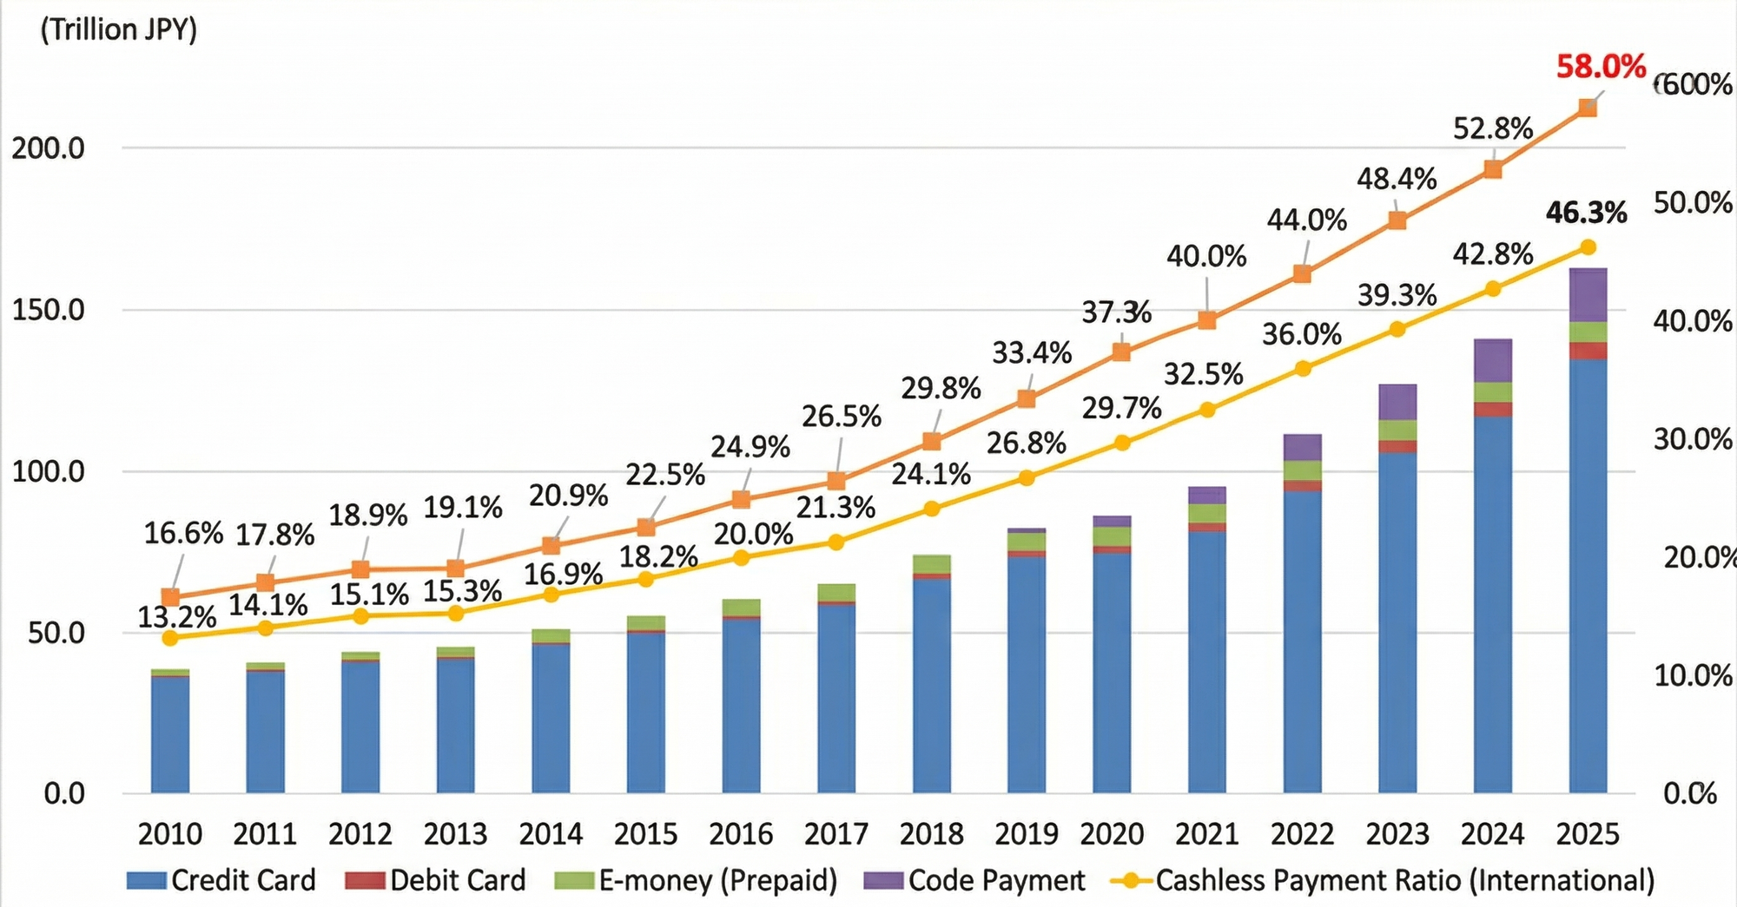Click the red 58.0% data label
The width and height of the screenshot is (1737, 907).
1600,67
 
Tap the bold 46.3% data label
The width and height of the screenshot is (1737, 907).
1586,213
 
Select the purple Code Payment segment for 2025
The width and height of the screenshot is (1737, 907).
1588,295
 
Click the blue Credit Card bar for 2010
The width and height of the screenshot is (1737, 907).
170,733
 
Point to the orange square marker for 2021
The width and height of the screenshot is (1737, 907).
1206,320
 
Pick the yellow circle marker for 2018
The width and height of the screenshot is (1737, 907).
931,509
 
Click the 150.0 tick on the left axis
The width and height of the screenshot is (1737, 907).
48,310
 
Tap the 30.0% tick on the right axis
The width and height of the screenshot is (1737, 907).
1692,439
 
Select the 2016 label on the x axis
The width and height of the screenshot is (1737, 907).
741,834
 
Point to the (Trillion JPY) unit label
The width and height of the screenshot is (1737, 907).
119,30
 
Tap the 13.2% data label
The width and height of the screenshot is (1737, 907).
176,617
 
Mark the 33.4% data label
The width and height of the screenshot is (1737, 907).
1032,353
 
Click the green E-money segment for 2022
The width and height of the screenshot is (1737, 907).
1302,470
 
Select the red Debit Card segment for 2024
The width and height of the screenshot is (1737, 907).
1492,410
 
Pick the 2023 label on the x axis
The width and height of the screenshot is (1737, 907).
1397,834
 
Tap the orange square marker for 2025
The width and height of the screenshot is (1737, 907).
1587,108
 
